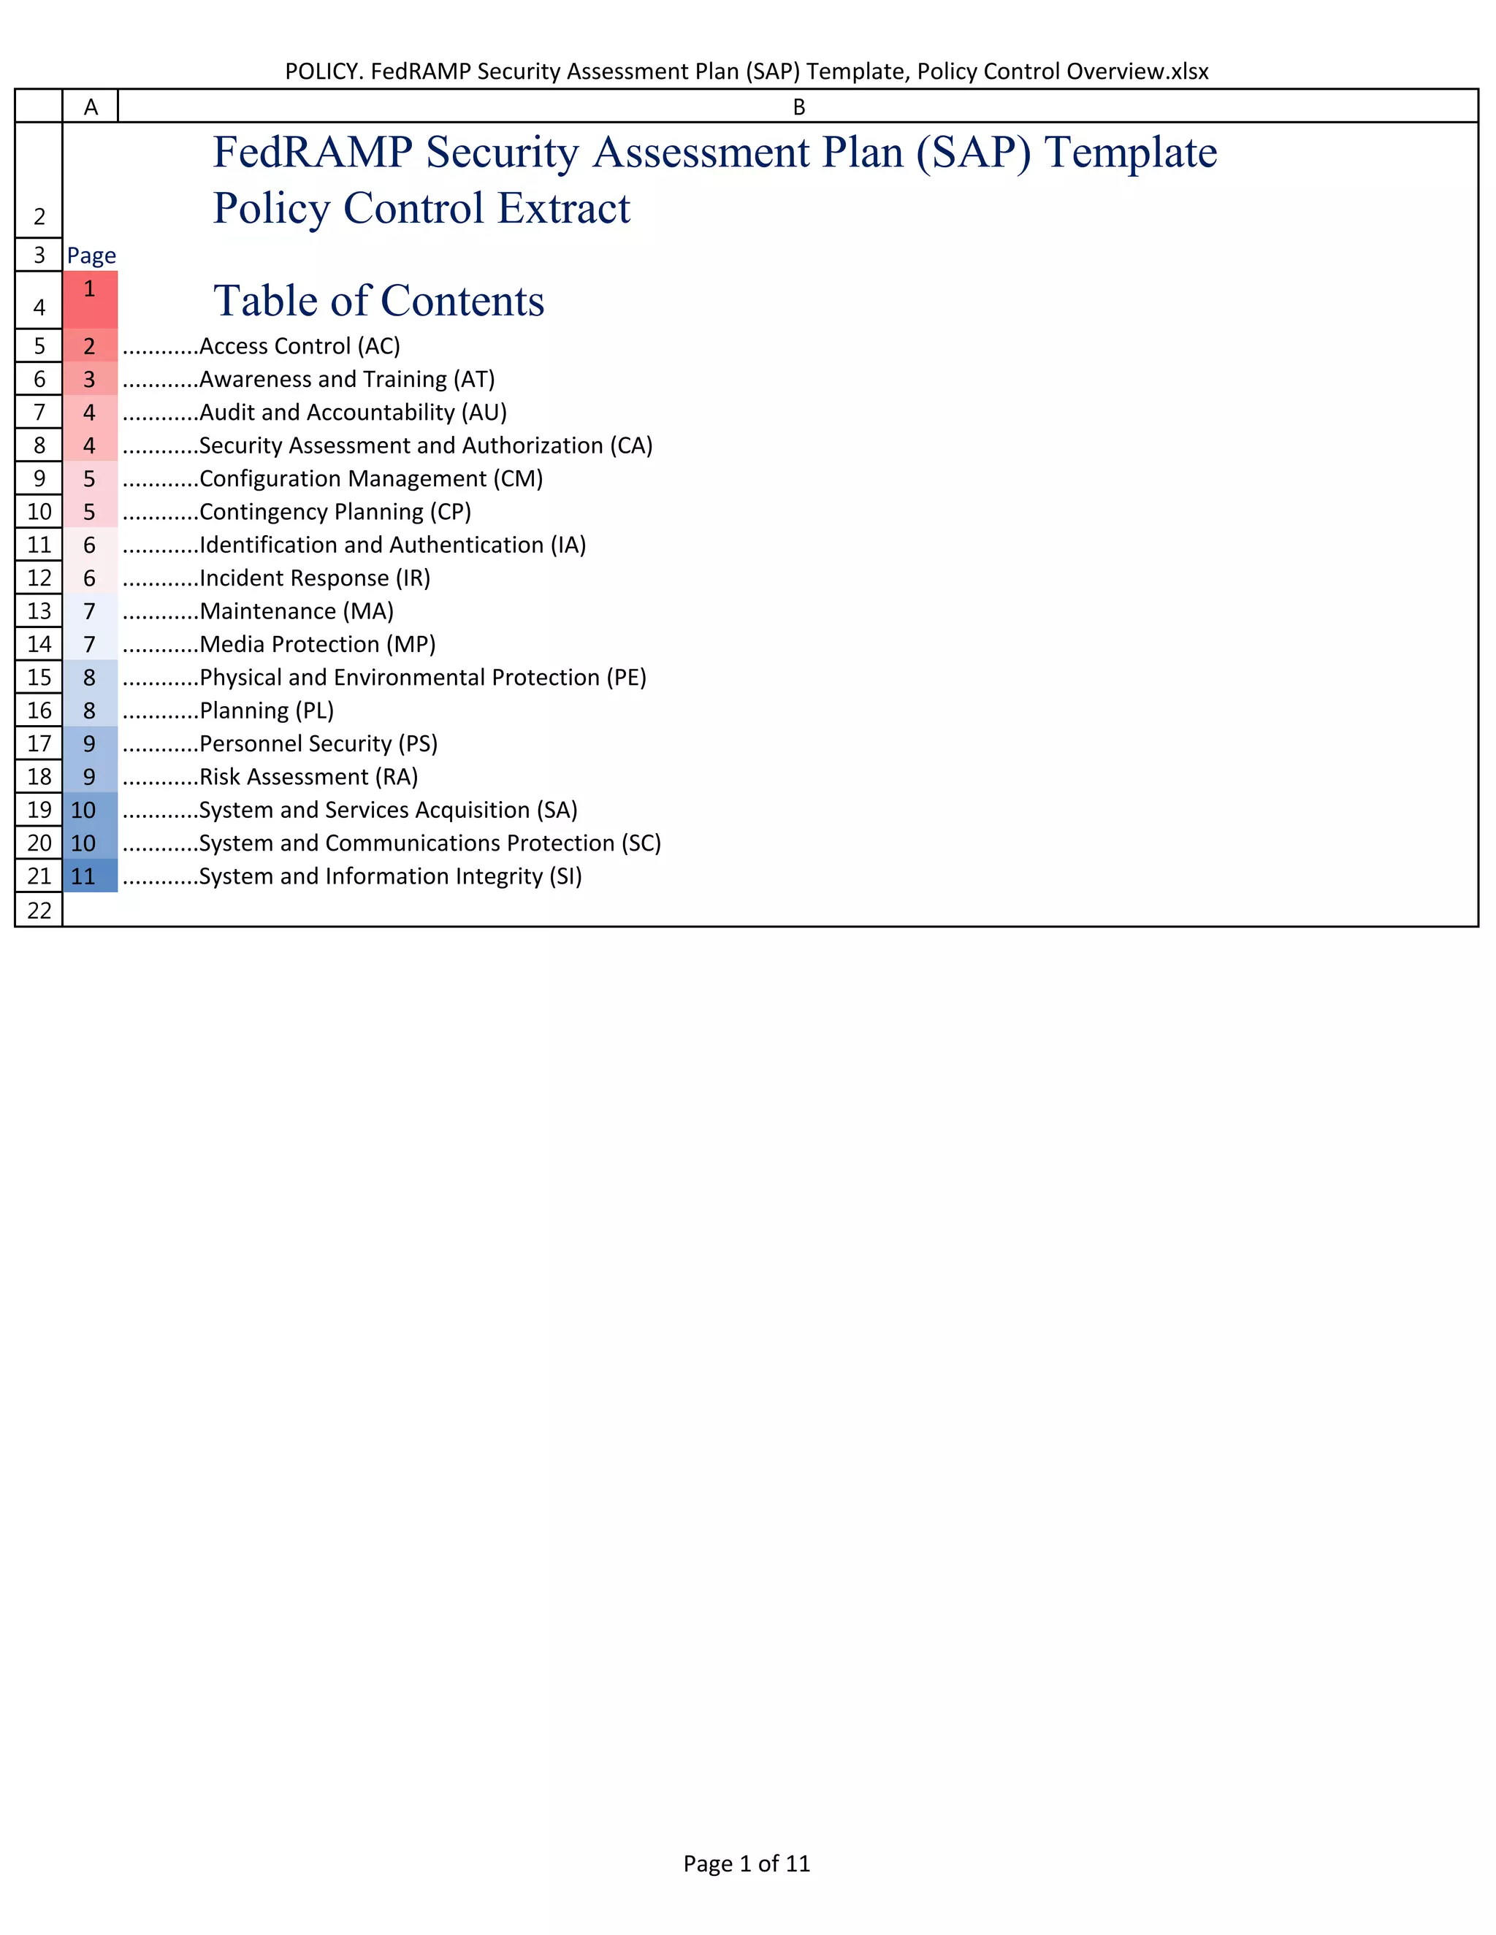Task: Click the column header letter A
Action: pos(91,107)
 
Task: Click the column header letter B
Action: pos(798,107)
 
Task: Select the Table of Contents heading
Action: pos(378,302)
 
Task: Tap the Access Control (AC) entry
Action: pos(299,345)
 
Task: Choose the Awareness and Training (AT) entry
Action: pos(346,379)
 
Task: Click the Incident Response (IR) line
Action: pos(315,578)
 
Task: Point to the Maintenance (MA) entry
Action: pos(296,611)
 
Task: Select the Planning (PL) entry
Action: pos(266,710)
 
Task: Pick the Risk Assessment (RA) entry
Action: pos(308,777)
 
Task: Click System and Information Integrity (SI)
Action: pos(390,876)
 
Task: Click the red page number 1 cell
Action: pos(90,299)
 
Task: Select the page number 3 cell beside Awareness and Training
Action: pos(90,379)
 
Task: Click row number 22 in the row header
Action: pos(39,910)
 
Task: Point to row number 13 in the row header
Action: pos(39,611)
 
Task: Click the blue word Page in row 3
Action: pos(91,255)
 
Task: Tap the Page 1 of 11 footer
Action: pos(747,1863)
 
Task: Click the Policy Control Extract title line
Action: pos(422,209)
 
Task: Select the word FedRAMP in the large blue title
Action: pos(313,153)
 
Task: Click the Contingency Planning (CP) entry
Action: pos(335,512)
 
